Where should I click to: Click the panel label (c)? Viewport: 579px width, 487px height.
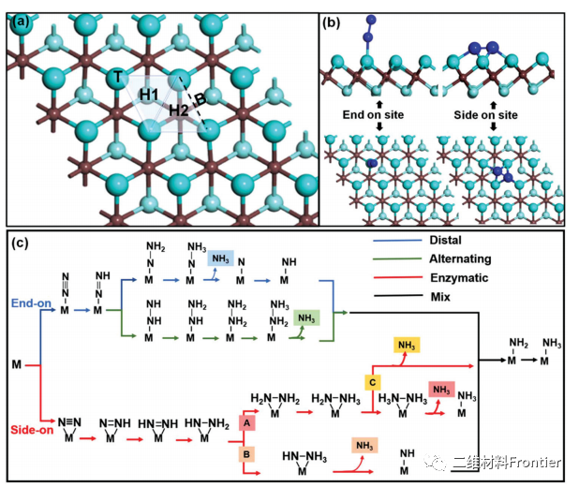coord(21,243)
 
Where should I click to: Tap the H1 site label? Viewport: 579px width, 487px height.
coord(149,96)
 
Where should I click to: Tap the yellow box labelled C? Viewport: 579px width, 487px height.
coord(372,382)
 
